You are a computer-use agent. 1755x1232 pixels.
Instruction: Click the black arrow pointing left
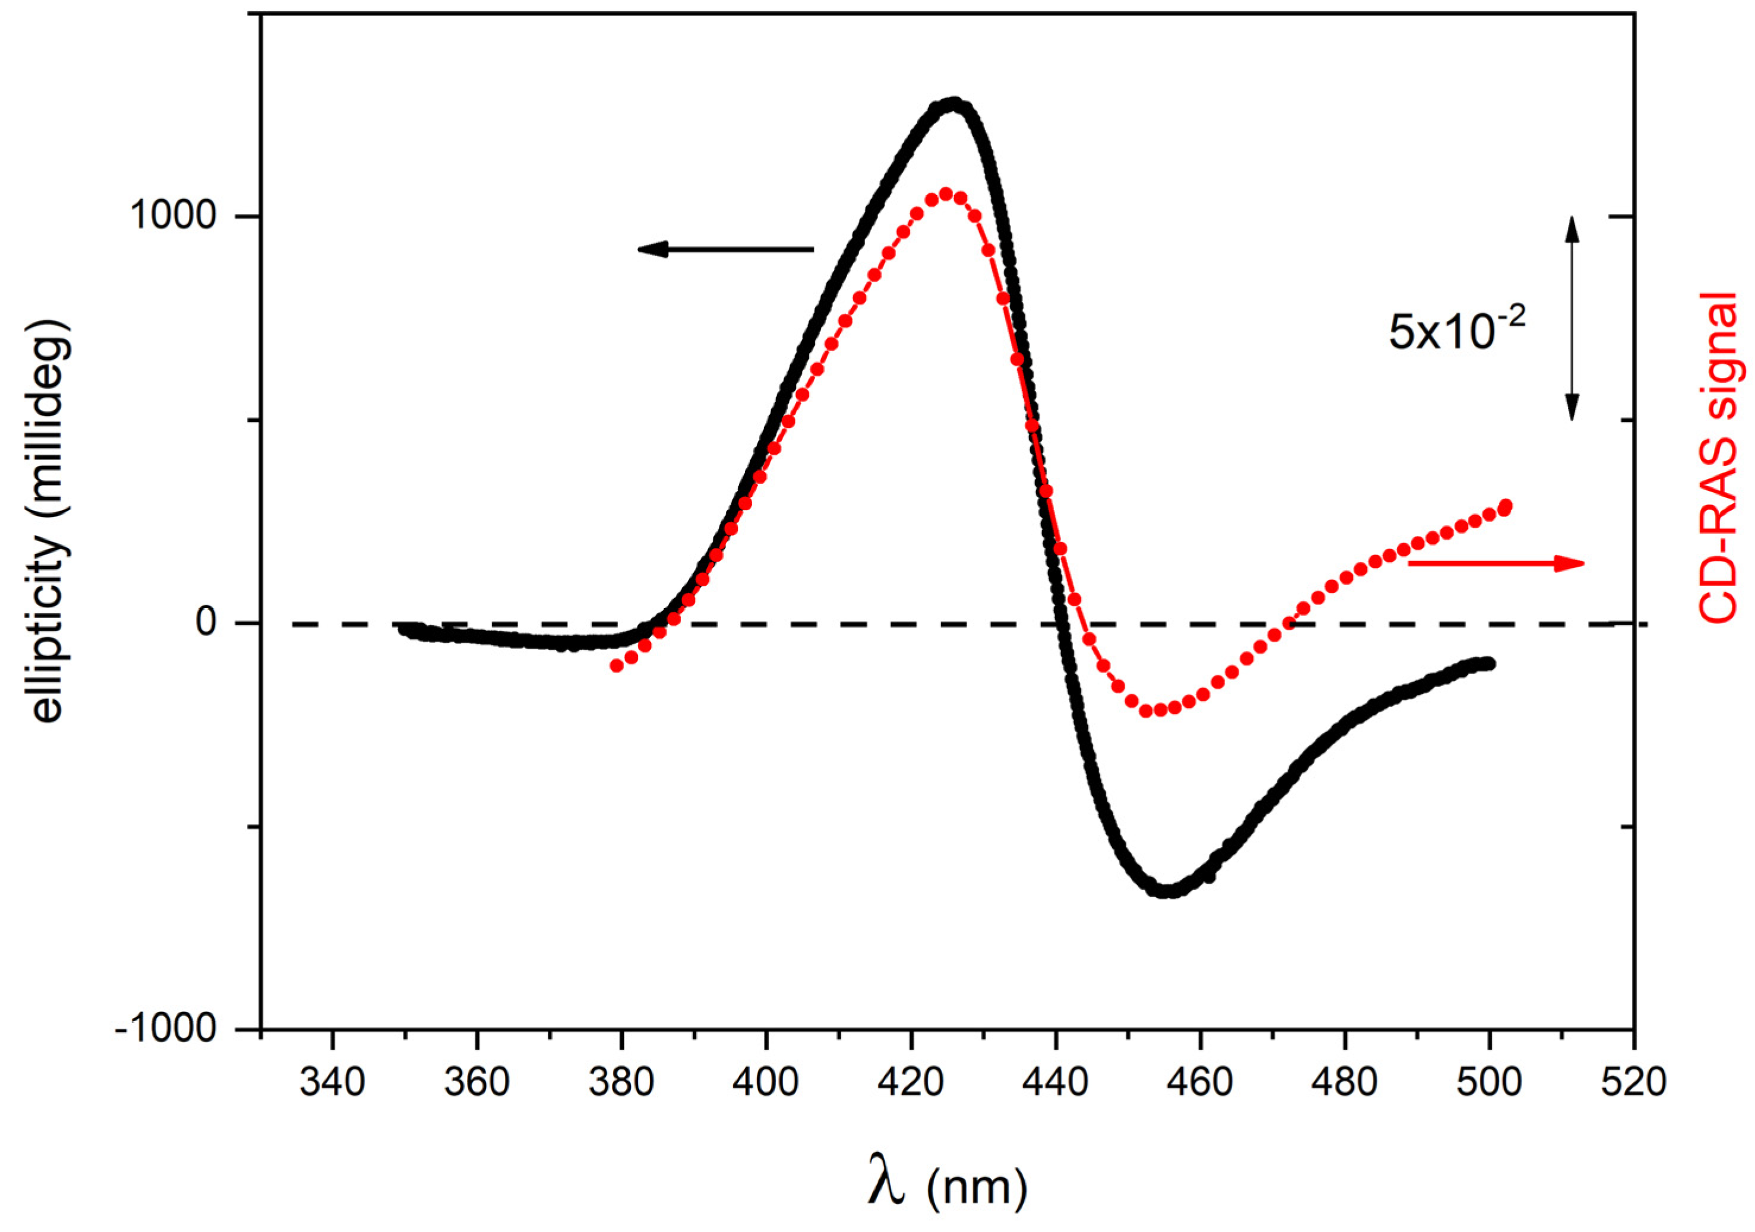point(726,249)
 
